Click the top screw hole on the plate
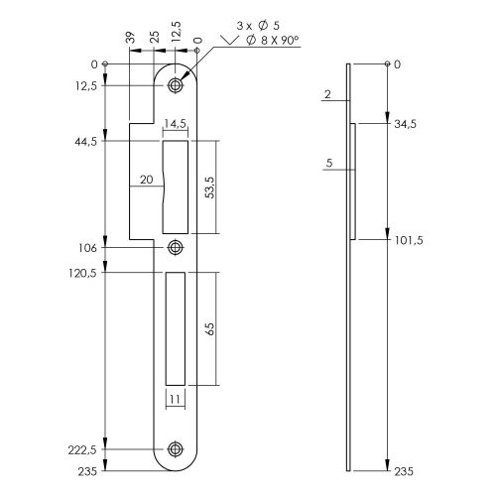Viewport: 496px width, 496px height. point(176,85)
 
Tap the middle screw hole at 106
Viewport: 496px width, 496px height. point(176,247)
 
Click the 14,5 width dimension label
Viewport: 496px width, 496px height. point(176,124)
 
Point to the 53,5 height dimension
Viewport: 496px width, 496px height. point(210,187)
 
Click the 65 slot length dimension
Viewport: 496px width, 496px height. point(210,328)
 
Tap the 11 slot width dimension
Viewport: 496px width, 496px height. point(175,400)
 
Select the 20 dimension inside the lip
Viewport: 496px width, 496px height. point(147,180)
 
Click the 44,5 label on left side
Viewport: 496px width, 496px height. point(86,142)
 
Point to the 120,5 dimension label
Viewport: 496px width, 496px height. point(82,273)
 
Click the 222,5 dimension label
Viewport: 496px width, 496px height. point(82,450)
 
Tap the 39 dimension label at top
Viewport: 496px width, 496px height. point(131,38)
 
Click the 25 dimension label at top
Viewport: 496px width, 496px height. point(155,37)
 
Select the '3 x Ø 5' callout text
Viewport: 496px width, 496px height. point(258,26)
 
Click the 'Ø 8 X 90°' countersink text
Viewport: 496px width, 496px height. point(273,41)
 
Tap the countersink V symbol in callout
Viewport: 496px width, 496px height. point(230,40)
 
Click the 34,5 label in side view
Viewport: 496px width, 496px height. point(405,124)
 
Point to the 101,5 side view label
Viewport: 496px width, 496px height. point(409,240)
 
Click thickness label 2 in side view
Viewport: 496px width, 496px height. point(327,94)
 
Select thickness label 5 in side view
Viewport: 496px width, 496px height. point(329,163)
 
